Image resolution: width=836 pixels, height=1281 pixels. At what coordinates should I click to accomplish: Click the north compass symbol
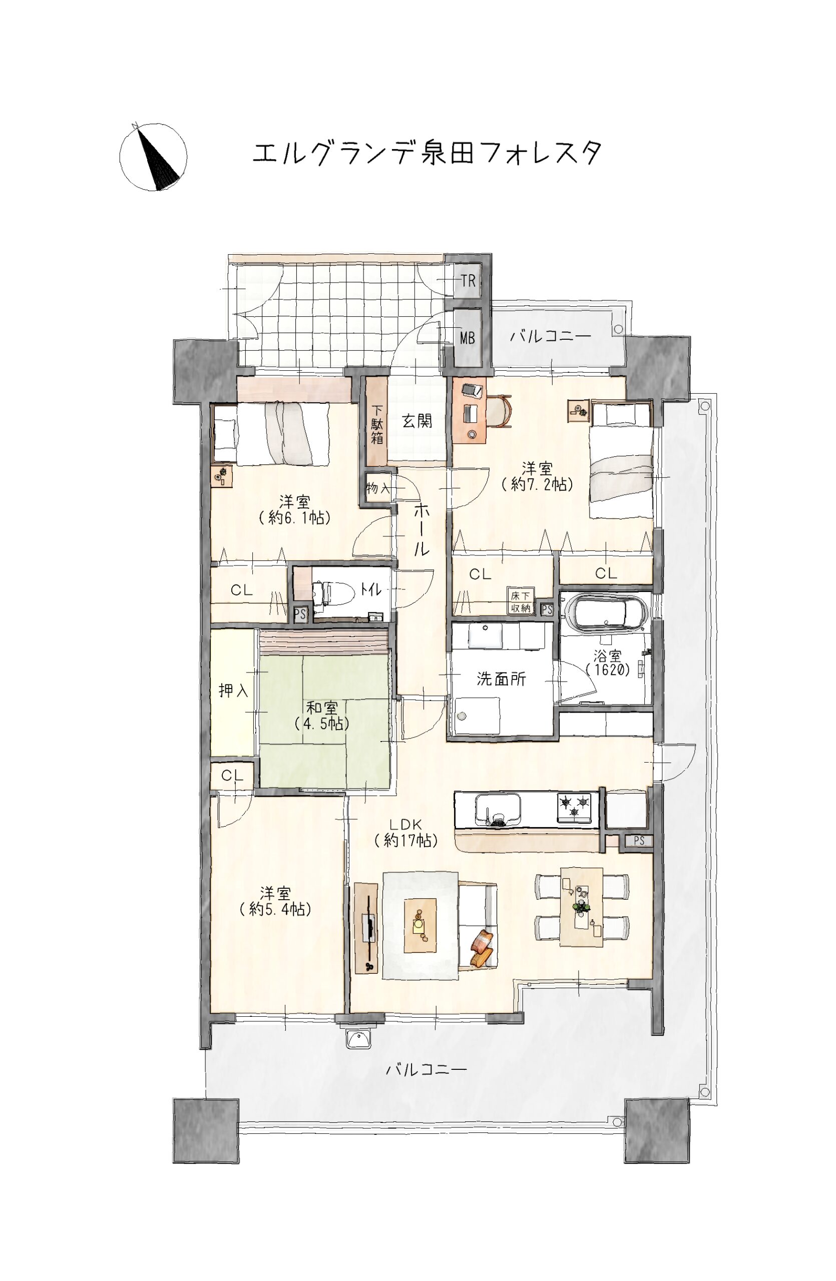153,156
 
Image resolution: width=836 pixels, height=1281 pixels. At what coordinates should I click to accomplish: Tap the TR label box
468,280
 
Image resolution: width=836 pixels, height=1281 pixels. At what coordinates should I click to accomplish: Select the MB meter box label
467,338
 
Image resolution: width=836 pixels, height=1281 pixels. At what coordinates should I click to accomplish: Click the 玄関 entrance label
417,420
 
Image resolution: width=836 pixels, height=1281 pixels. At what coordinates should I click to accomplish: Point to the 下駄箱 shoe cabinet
377,421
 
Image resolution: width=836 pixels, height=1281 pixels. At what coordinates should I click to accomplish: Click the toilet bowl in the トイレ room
334,595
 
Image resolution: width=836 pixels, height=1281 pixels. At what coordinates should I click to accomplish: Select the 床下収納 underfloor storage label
520,602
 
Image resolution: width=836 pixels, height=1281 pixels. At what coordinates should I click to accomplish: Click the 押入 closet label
233,691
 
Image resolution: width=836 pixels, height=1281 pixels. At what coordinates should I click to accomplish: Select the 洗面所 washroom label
501,679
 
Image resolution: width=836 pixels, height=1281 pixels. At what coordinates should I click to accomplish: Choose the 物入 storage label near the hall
378,488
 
